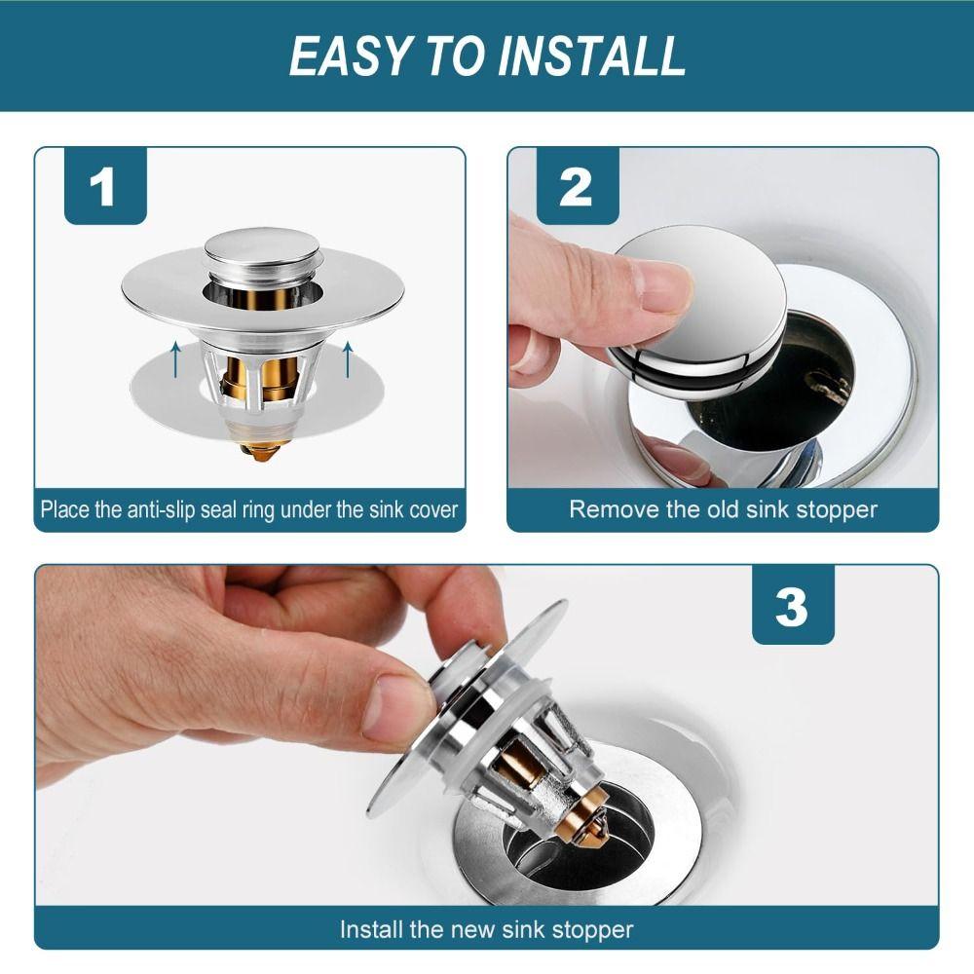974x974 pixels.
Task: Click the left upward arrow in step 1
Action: pyautogui.click(x=176, y=358)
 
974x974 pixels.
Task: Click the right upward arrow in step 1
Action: pyautogui.click(x=348, y=358)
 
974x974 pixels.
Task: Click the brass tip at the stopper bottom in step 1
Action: pyautogui.click(x=259, y=449)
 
